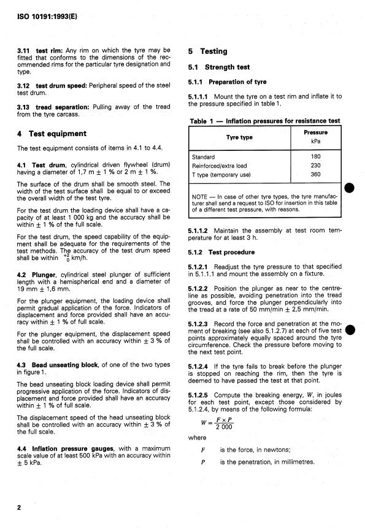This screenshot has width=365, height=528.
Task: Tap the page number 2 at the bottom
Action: tap(19, 508)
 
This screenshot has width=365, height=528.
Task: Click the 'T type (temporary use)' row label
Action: tap(223, 174)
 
